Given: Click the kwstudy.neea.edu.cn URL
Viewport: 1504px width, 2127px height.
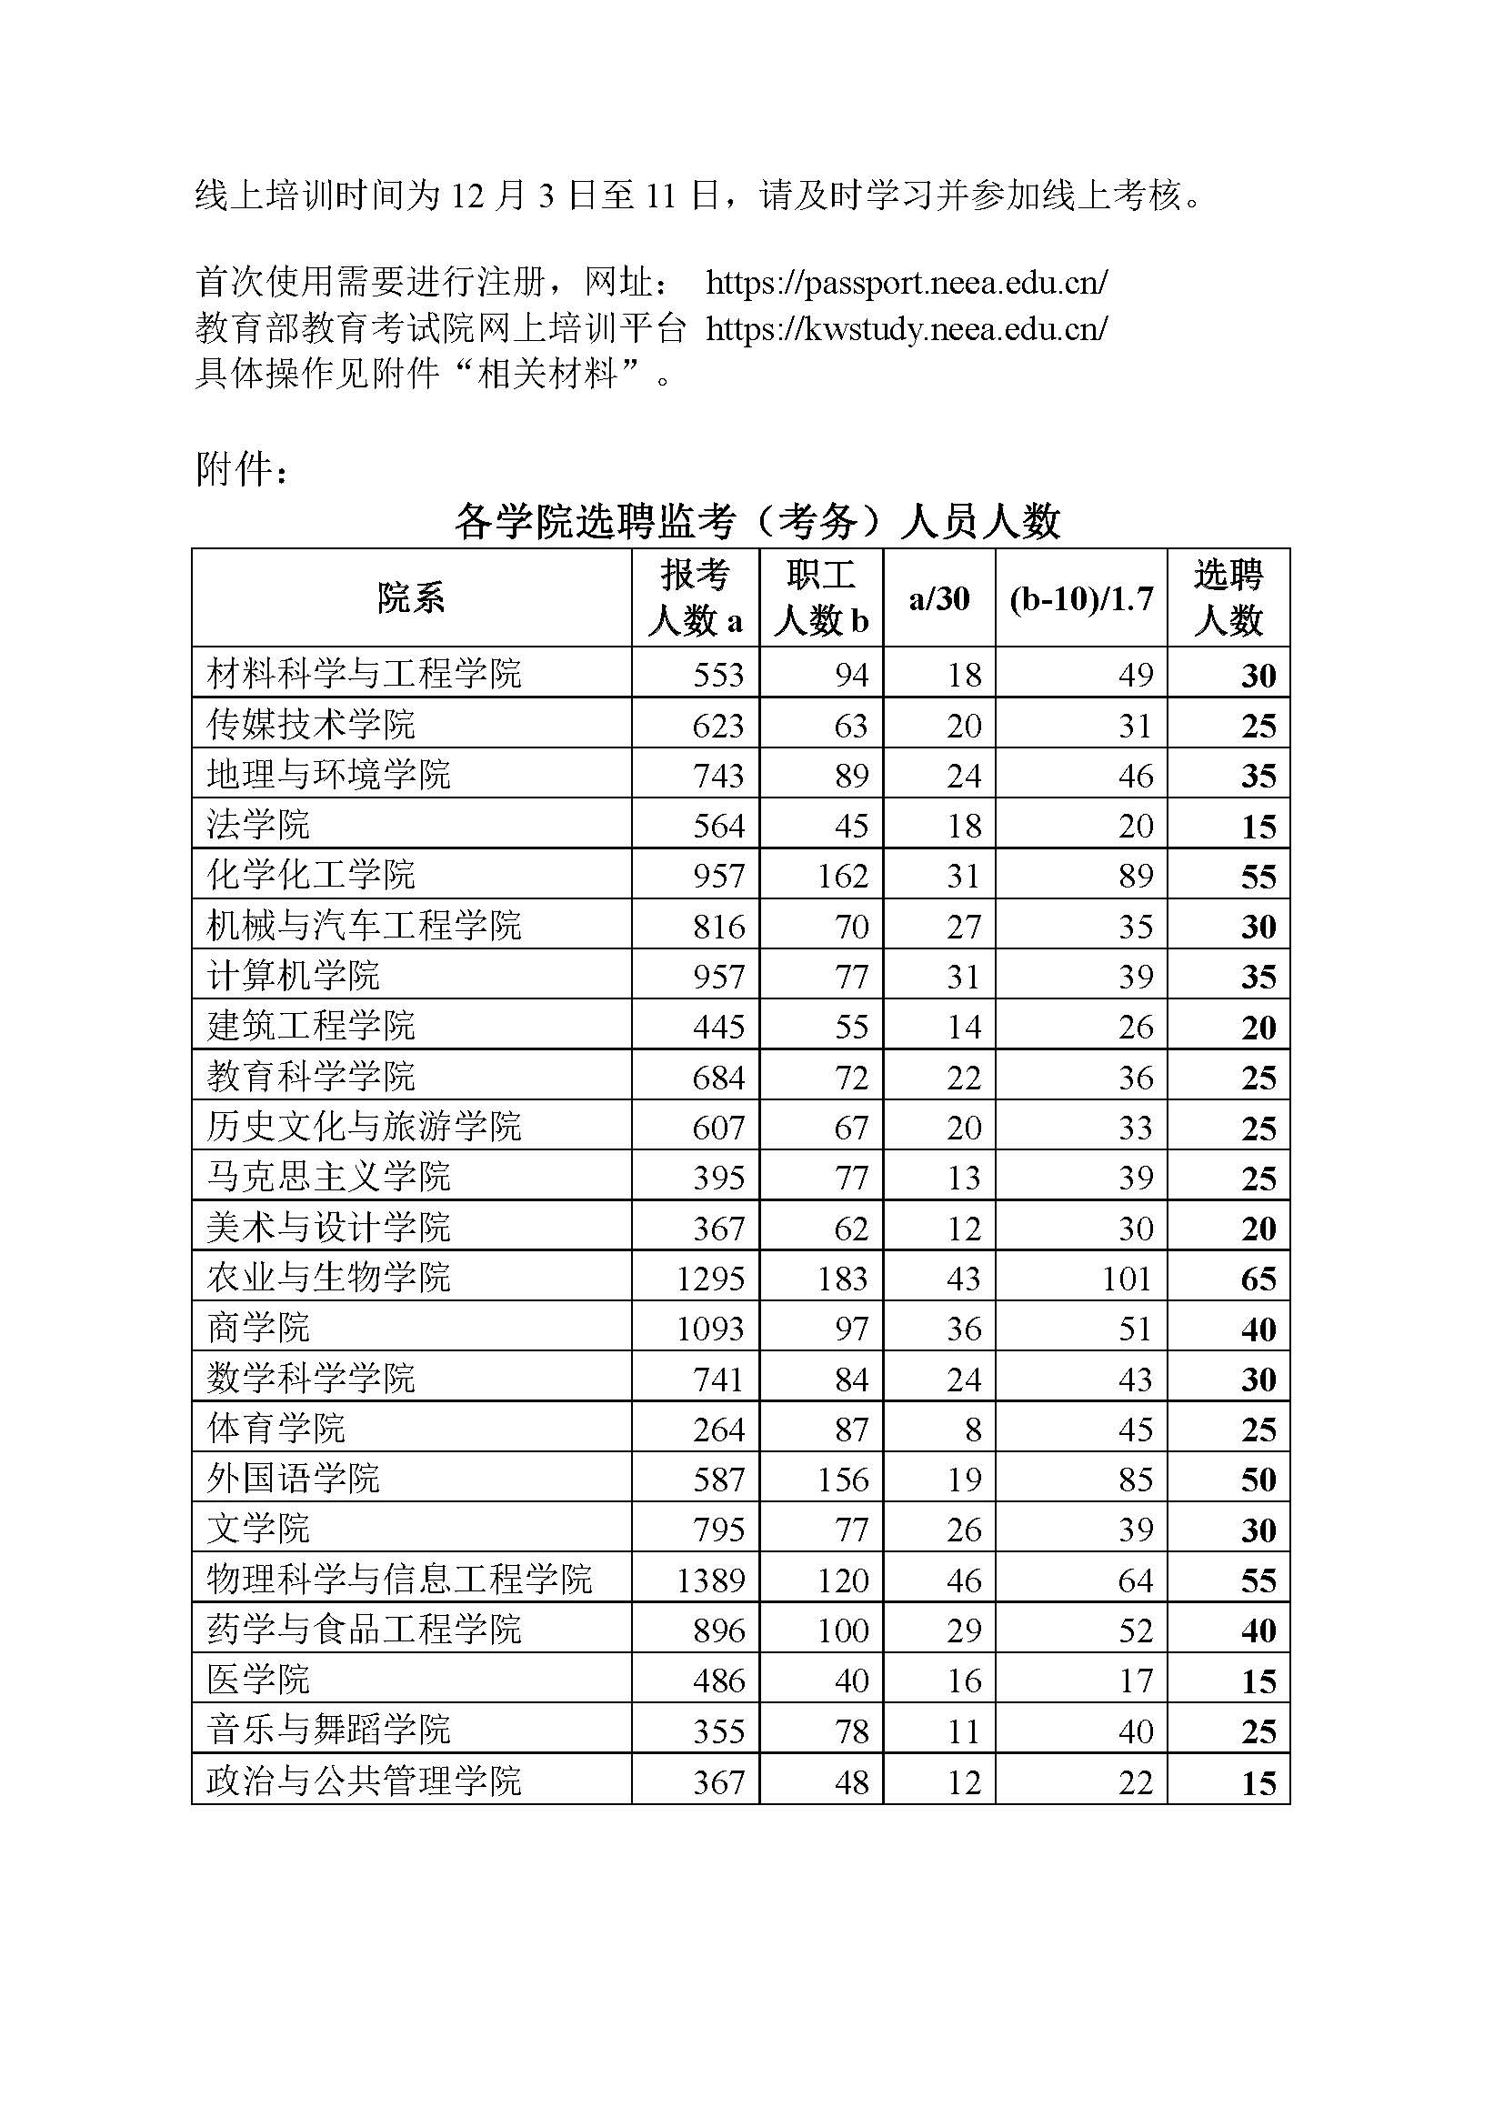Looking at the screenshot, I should [x=906, y=328].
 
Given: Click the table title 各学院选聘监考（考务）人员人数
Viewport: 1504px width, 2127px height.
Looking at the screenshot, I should [x=757, y=522].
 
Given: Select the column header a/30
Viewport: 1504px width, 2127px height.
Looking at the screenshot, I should [x=939, y=598].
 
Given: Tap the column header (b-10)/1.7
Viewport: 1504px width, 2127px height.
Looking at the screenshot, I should [x=1081, y=598].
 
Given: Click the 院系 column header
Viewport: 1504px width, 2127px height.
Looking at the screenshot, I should [x=411, y=598].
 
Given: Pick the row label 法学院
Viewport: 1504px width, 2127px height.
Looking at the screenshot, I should [x=258, y=824].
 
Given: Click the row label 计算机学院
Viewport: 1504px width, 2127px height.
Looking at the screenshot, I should [x=294, y=975].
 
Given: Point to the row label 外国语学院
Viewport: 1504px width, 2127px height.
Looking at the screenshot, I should [x=294, y=1478].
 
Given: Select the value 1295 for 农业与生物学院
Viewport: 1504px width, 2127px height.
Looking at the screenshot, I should [x=710, y=1279].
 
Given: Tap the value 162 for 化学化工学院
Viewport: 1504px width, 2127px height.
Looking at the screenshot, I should [x=842, y=876].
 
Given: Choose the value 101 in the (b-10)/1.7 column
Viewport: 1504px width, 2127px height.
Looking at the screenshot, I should [x=1126, y=1279].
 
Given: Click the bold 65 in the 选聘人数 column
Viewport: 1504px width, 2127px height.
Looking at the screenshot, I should [x=1258, y=1279].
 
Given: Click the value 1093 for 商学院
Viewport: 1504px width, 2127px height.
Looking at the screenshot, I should [x=710, y=1329].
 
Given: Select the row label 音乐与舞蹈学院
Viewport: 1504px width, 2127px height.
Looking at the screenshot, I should [x=329, y=1730].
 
